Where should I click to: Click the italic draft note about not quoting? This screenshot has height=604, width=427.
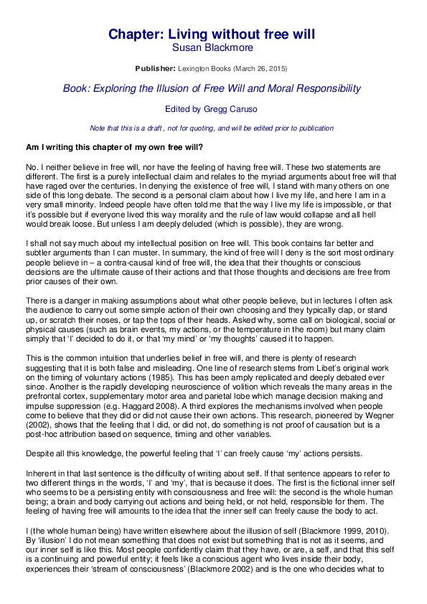click(x=201, y=128)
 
